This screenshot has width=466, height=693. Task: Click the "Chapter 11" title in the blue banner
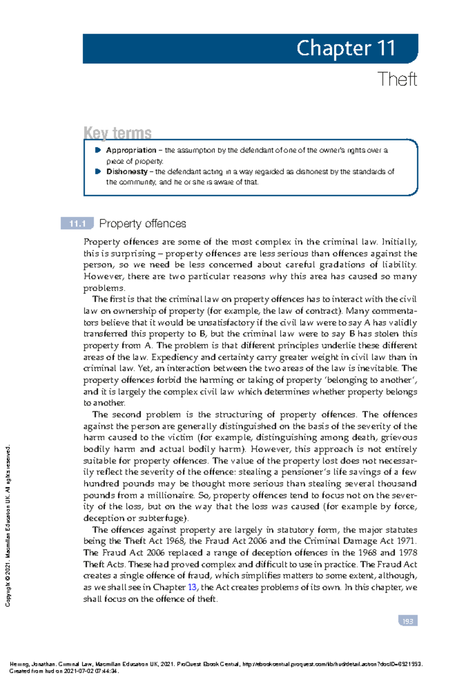(346, 49)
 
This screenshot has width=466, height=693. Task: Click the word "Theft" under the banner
(397, 79)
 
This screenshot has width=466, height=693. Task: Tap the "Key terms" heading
(117, 133)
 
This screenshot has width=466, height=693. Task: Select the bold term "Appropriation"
(131, 150)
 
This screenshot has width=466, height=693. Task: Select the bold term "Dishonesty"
(127, 172)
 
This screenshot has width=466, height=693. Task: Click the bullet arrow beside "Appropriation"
(98, 150)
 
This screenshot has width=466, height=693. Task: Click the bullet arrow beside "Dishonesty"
(98, 171)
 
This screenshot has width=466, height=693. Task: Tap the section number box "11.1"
(77, 224)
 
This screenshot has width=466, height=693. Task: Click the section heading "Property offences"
(143, 224)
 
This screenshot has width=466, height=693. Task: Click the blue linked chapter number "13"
(192, 587)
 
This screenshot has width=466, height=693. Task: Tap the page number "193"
(408, 621)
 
